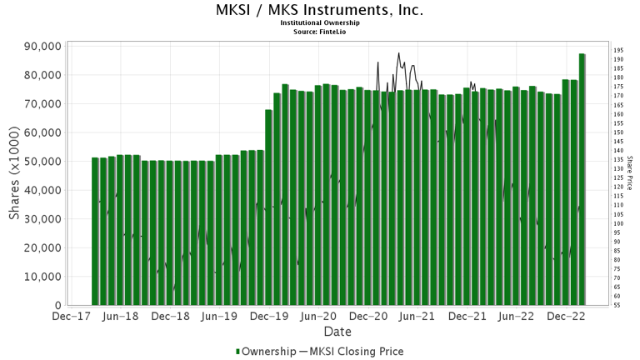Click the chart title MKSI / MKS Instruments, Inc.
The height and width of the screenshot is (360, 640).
(319, 11)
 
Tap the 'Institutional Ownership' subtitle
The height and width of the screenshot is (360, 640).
(319, 23)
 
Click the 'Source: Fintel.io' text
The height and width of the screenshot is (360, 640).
(319, 31)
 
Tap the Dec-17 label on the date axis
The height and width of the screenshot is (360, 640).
(71, 317)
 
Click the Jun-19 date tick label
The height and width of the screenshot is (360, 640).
(222, 317)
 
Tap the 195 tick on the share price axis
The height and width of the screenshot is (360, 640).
(618, 50)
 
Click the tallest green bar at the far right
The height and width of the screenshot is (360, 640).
(582, 179)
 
